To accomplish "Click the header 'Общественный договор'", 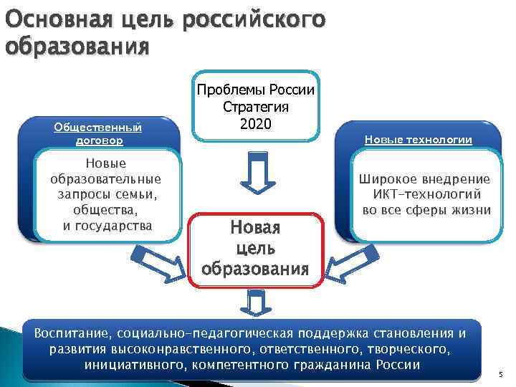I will (98, 134).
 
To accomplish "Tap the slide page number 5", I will (501, 373).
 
